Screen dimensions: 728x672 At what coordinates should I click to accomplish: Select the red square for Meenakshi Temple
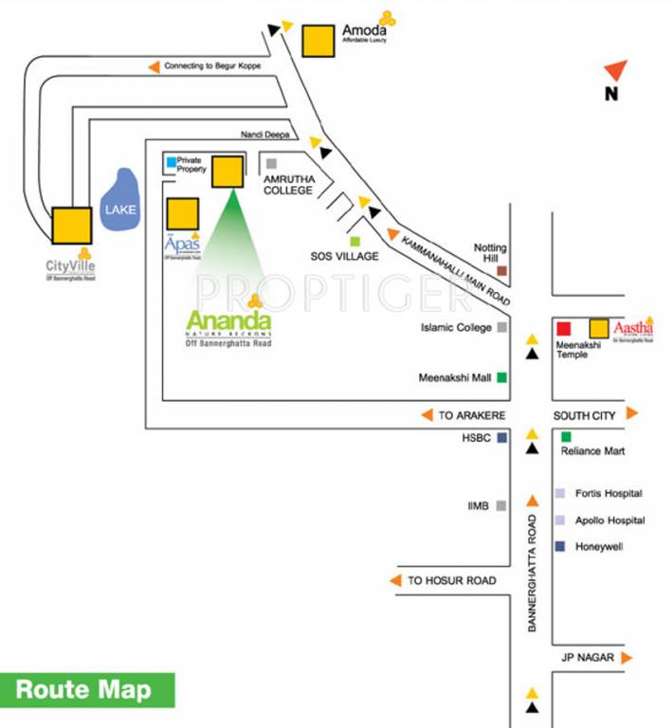pyautogui.click(x=563, y=329)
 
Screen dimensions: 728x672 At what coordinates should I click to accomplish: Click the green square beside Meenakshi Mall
pyautogui.click(x=501, y=377)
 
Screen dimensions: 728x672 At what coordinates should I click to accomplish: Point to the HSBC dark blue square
pyautogui.click(x=501, y=438)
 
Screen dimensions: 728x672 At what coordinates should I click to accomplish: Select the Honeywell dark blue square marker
pyautogui.click(x=560, y=546)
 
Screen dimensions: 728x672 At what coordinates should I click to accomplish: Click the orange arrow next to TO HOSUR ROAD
pyautogui.click(x=396, y=580)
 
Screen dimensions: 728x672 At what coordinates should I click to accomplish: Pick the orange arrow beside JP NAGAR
pyautogui.click(x=627, y=657)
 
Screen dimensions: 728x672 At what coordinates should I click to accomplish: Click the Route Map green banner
pyautogui.click(x=87, y=690)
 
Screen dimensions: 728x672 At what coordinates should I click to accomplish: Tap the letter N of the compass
pyautogui.click(x=611, y=94)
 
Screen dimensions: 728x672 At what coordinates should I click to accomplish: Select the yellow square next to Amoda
pyautogui.click(x=317, y=41)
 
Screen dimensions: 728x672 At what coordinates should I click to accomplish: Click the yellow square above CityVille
pyautogui.click(x=71, y=225)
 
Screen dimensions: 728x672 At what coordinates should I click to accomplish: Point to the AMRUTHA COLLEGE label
pyautogui.click(x=288, y=185)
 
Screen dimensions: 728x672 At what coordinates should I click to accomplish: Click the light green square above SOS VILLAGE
pyautogui.click(x=354, y=242)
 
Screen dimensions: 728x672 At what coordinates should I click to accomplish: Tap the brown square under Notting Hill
pyautogui.click(x=501, y=271)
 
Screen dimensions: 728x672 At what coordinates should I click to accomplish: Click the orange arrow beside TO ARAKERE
pyautogui.click(x=427, y=415)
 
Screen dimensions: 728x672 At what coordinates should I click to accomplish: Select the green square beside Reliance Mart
pyautogui.click(x=566, y=437)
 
